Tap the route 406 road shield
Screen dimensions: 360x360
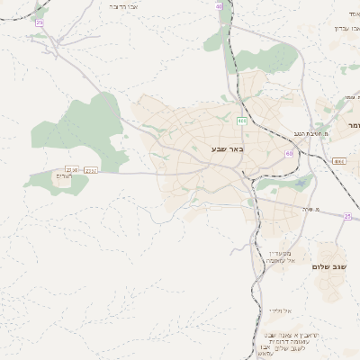242,121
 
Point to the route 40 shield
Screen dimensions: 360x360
219,5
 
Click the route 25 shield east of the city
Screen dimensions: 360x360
347,216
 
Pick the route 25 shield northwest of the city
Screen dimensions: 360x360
39,22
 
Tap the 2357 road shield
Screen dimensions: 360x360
92,169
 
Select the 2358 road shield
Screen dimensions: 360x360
72,169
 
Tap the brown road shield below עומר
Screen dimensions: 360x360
337,160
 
